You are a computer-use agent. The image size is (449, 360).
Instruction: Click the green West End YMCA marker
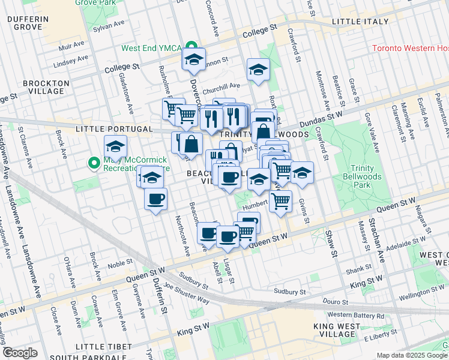pyautogui.click(x=191, y=47)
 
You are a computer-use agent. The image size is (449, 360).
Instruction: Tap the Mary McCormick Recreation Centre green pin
pyautogui.click(x=94, y=163)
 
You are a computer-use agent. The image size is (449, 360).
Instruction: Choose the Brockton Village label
pyautogui.click(x=43, y=87)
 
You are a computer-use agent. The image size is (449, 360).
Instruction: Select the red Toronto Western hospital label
pyautogui.click(x=410, y=48)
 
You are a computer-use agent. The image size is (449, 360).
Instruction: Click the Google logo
pyautogui.click(x=20, y=353)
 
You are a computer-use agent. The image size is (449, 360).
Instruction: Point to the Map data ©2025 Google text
pyautogui.click(x=412, y=355)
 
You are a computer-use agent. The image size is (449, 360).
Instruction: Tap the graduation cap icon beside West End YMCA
pyautogui.click(x=194, y=59)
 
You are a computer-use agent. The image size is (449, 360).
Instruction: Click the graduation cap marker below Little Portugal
pyautogui.click(x=115, y=146)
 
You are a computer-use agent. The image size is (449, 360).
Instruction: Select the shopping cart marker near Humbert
pyautogui.click(x=280, y=202)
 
